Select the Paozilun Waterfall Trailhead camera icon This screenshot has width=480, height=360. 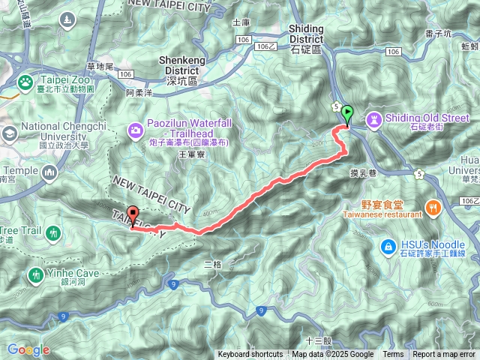[135, 130]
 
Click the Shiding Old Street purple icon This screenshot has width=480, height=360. [373, 118]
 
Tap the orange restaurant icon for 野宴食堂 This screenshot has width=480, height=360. [432, 207]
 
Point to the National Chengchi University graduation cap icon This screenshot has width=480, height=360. [10, 134]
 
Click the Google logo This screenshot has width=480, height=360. [28, 349]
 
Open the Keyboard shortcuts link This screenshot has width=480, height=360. [250, 355]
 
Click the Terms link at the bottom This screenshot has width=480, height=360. [393, 355]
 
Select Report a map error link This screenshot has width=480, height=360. [444, 355]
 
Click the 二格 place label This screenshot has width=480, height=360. [213, 265]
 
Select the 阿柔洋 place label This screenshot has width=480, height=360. [139, 93]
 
